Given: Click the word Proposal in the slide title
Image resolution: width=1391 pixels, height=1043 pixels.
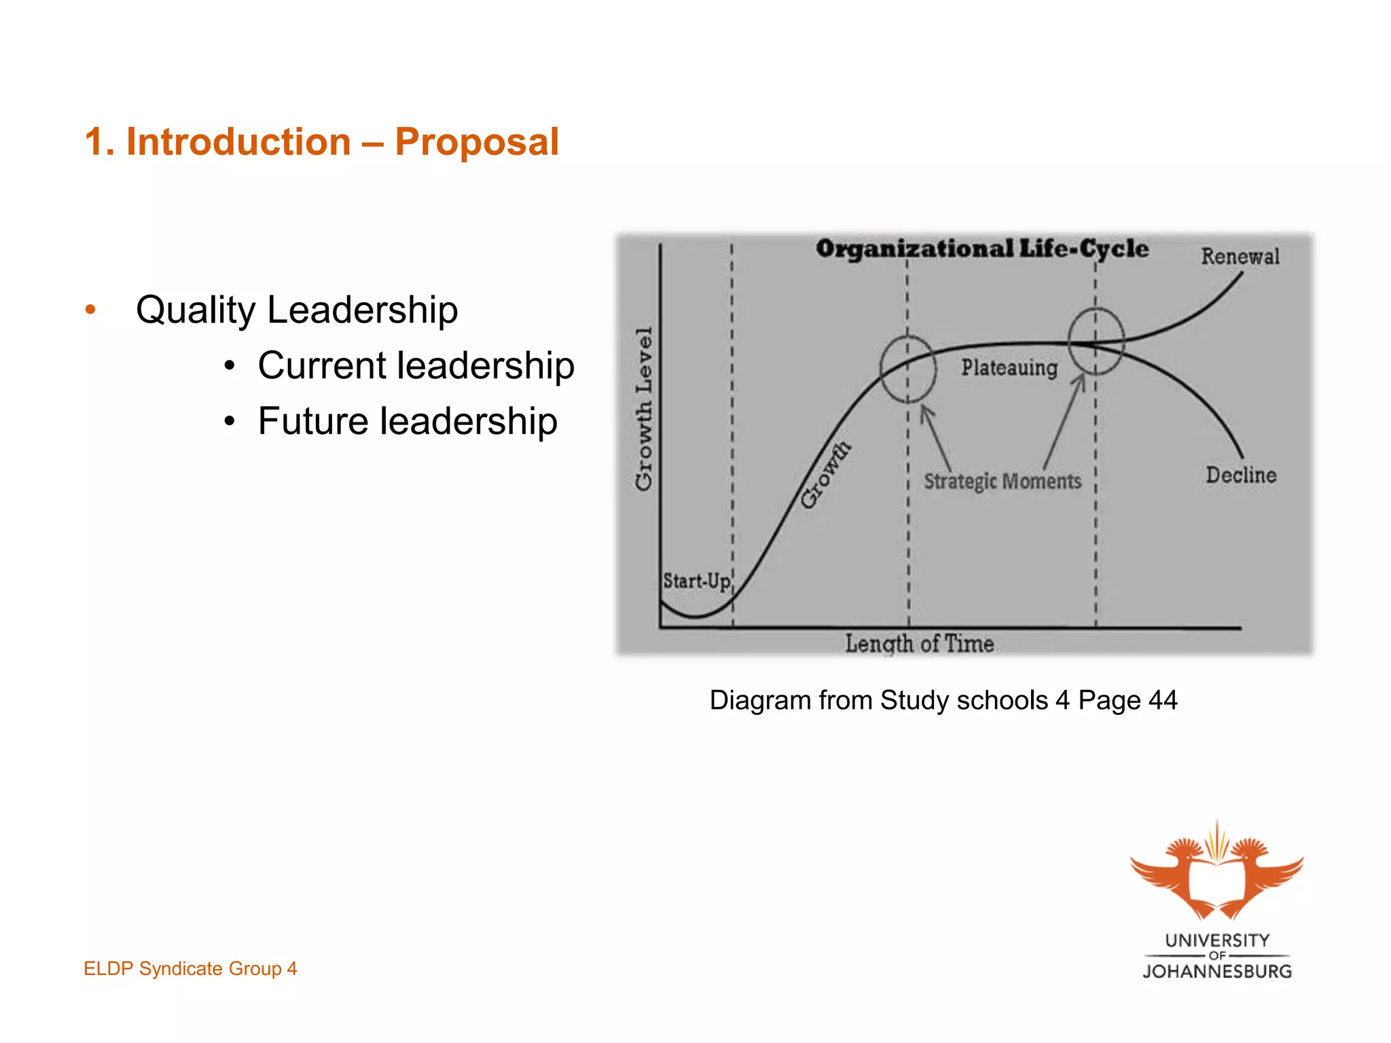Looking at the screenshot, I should pos(477,142).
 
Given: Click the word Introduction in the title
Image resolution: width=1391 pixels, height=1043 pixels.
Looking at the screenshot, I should pos(238,142).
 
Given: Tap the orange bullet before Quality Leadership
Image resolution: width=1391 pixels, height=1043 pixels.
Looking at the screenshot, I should pos(90,310).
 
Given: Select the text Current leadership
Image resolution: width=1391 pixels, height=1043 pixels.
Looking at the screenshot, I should pos(416,365).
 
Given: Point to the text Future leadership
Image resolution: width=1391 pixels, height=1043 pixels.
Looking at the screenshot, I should pos(408,421).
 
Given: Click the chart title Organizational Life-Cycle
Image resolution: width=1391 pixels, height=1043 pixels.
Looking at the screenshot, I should pos(982,249).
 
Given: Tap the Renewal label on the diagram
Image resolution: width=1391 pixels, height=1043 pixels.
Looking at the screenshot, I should pos(1240,257).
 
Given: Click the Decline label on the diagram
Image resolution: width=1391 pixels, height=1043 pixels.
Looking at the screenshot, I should pos(1241,475).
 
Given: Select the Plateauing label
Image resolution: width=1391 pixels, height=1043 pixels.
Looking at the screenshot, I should pos(1009,367).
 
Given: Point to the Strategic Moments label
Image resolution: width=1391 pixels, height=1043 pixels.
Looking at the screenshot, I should pos(1002,481).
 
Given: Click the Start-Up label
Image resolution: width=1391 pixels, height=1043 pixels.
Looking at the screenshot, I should pos(697,581).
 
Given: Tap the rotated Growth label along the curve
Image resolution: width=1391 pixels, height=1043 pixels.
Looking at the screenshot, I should pos(825,474).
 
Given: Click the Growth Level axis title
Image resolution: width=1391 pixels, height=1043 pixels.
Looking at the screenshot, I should pos(644,409).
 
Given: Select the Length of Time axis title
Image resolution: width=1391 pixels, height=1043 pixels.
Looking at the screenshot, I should pos(920,643).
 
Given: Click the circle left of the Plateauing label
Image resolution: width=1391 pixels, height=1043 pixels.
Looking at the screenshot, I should pos(908,369).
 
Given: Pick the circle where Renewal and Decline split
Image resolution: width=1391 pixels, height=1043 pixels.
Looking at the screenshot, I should pos(1096,341).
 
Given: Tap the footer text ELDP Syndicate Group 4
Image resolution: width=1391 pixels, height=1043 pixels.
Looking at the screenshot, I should pos(190,968).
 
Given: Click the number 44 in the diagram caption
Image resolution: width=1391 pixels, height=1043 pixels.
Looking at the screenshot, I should pos(1163,700).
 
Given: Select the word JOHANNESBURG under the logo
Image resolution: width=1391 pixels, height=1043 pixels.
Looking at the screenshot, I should pos(1217,972).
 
